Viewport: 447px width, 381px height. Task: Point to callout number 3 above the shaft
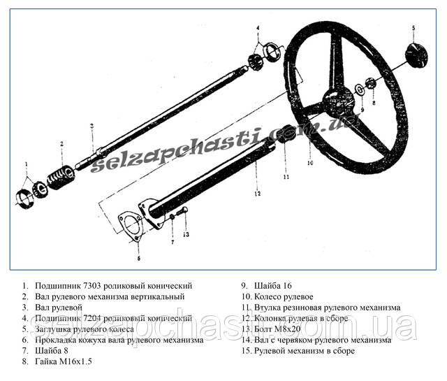[91, 127]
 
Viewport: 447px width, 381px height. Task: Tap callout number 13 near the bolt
[186, 235]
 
